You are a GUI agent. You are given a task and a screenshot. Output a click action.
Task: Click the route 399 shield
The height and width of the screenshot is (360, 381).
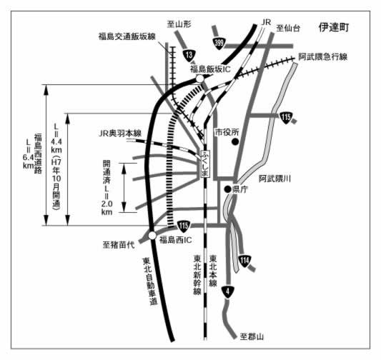coord(219,44)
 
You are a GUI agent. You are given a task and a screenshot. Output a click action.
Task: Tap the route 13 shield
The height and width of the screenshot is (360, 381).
coord(189,55)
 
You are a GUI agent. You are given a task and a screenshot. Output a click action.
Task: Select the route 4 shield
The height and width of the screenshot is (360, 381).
coord(228,292)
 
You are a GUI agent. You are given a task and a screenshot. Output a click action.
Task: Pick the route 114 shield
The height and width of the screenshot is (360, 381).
coord(244,261)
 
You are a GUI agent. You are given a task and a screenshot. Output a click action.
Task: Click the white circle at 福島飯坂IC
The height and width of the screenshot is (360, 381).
coord(199,79)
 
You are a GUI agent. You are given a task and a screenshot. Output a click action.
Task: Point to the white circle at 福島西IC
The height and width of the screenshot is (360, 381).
coord(152,236)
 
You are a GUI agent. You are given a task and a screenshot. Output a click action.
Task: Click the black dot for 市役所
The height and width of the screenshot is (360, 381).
coord(235,141)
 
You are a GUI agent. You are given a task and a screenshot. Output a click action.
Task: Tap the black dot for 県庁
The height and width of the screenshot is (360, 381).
coord(228,189)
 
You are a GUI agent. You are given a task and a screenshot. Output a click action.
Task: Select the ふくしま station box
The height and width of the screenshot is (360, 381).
coord(205,164)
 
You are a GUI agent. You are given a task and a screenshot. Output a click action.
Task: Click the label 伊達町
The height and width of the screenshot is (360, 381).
coord(334,27)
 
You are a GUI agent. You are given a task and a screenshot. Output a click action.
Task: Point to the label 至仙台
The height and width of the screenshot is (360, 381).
coord(288,29)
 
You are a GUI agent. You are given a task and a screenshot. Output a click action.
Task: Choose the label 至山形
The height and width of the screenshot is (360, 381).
coord(179,24)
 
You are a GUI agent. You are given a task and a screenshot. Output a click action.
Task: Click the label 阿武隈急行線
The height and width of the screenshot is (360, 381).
coord(323,57)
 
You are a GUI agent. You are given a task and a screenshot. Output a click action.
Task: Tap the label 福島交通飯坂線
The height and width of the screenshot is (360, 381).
coord(127,36)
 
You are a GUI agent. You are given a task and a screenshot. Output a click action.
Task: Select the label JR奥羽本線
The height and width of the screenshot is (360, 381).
coord(120,134)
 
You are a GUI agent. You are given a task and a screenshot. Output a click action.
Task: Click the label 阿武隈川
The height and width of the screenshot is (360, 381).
coord(274,179)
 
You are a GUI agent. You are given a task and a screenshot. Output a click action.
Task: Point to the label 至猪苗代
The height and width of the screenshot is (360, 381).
coord(119,245)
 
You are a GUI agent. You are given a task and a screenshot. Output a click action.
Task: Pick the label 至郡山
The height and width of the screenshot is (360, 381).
coord(252,336)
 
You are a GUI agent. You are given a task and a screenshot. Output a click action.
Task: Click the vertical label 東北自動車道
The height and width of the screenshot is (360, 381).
coord(150,281)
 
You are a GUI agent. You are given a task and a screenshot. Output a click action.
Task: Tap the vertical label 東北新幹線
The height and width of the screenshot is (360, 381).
coord(197,274)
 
